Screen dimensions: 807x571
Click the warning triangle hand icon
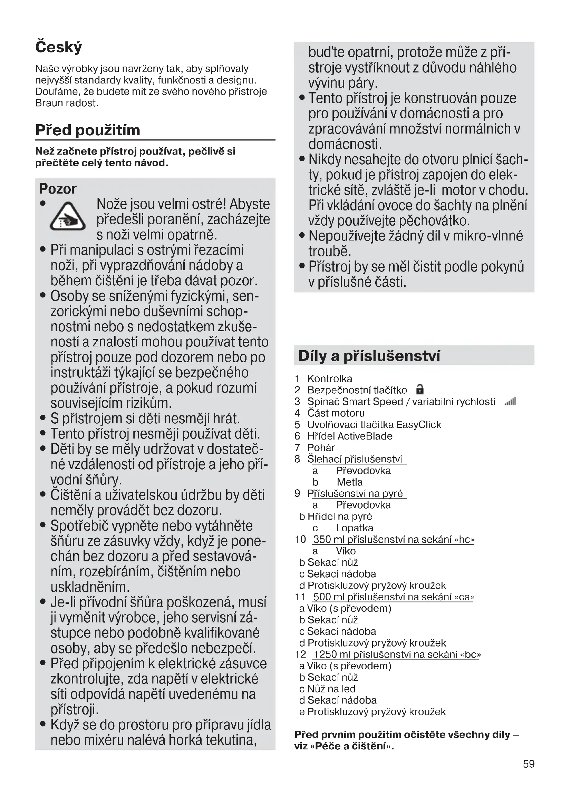point(68,217)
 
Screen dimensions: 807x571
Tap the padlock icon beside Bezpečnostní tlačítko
point(419,390)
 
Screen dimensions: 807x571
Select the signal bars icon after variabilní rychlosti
point(510,401)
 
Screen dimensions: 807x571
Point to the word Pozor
point(58,189)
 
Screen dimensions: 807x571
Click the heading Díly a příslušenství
point(369,356)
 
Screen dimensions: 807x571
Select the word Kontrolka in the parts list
point(329,378)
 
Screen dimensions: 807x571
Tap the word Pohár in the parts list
point(321,447)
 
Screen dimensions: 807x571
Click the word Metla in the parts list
point(349,482)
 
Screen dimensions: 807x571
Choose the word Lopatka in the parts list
point(355,528)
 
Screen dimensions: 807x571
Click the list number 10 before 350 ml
point(300,539)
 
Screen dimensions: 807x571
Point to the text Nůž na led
point(331,689)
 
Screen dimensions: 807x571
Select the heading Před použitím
point(88,130)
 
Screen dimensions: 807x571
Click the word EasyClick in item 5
point(418,425)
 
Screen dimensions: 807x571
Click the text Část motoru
point(336,413)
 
